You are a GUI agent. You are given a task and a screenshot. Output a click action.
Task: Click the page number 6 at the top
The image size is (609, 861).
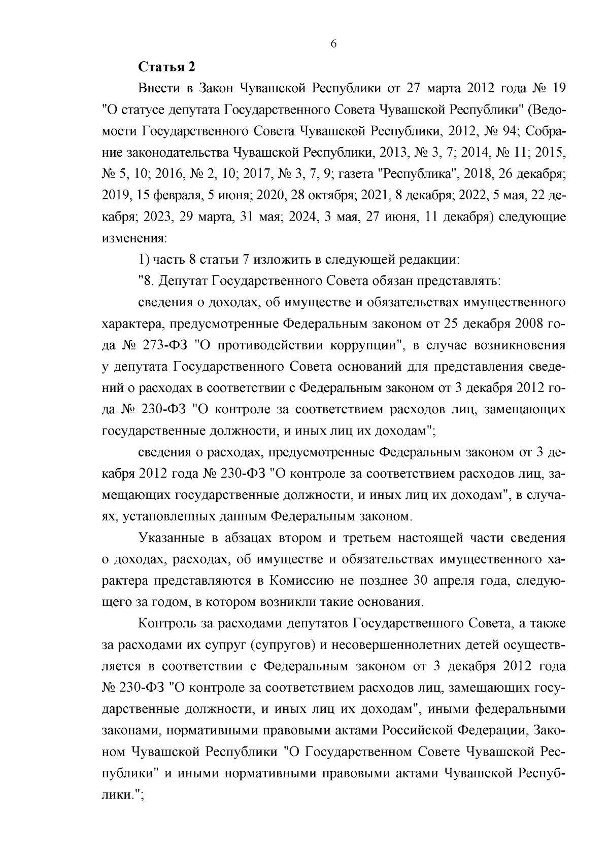tap(333, 44)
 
